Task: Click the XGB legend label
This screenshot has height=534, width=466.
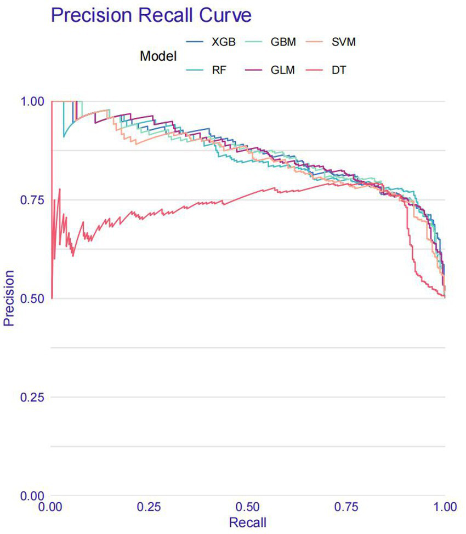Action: [223, 42]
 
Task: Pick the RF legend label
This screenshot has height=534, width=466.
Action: [218, 70]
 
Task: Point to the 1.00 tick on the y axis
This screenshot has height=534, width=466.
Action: [31, 101]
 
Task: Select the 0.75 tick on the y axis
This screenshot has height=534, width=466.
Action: [31, 200]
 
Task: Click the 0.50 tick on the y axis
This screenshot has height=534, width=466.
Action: [31, 298]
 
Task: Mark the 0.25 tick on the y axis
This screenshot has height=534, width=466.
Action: [31, 397]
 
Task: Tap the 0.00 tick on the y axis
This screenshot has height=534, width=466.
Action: [31, 496]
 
